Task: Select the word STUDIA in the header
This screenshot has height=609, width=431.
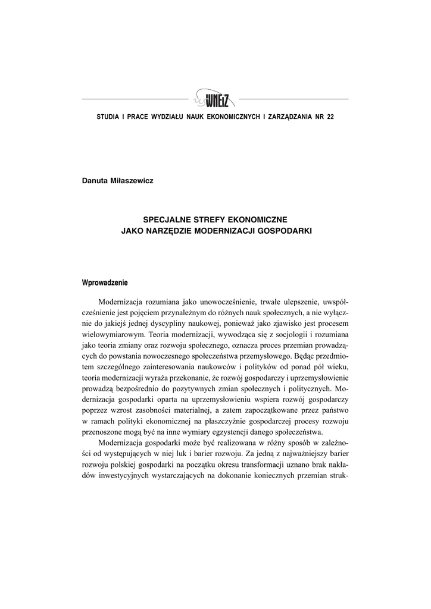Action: click(x=107, y=116)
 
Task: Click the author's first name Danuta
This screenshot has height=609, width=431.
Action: click(x=95, y=181)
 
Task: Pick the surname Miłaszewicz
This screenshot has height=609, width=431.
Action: click(x=132, y=181)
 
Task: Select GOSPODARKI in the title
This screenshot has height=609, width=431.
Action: click(x=286, y=230)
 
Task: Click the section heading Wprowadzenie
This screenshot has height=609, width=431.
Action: click(x=104, y=282)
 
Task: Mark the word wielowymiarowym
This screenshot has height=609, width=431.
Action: click(x=111, y=334)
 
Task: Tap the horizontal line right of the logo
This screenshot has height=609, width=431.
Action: click(x=293, y=99)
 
